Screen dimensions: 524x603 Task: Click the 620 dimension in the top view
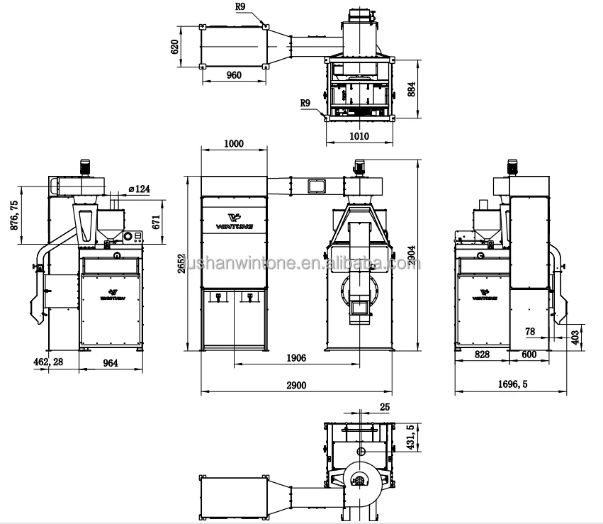[x=175, y=47]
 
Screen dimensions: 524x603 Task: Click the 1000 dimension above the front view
[x=233, y=143]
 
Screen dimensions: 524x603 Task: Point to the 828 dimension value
[x=483, y=354]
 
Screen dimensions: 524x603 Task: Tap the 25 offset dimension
[x=384, y=406]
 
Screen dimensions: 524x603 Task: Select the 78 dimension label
[x=530, y=330]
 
